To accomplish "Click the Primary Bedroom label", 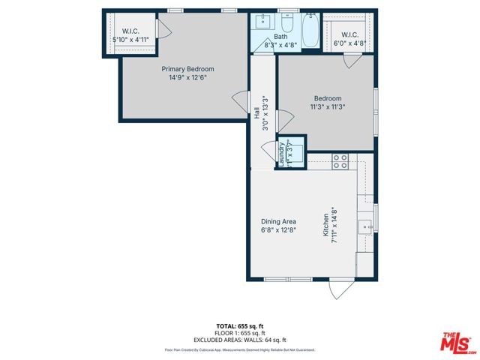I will (183, 69).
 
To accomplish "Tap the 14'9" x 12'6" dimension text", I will (183, 77).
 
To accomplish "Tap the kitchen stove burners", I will (340, 159).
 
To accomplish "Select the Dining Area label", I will (278, 221).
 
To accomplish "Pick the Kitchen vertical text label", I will (325, 225).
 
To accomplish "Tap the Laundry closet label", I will (282, 154).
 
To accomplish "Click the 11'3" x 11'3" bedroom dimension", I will (328, 106).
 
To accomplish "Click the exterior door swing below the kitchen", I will (342, 289).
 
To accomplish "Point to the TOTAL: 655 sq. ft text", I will (239, 326).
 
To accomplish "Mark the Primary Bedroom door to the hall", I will (240, 100).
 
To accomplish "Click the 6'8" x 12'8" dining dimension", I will (278, 230).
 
